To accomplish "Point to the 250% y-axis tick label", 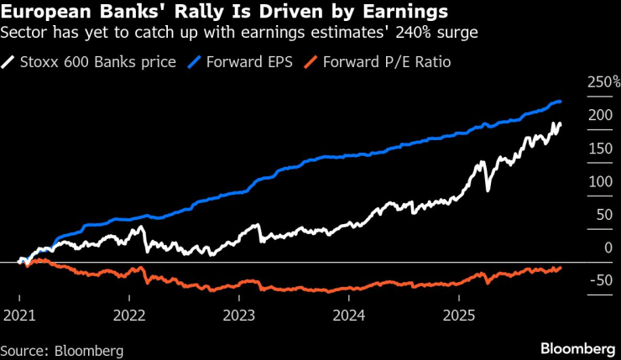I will (x=603, y=82).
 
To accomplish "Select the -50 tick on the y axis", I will (x=598, y=279).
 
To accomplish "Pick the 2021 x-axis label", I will (x=18, y=316).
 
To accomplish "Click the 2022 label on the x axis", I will (x=129, y=316).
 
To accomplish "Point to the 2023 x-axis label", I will (x=239, y=316).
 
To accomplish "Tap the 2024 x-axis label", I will (x=349, y=316).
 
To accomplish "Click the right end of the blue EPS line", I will (x=561, y=102).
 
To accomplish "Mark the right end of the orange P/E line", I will (x=561, y=267).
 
